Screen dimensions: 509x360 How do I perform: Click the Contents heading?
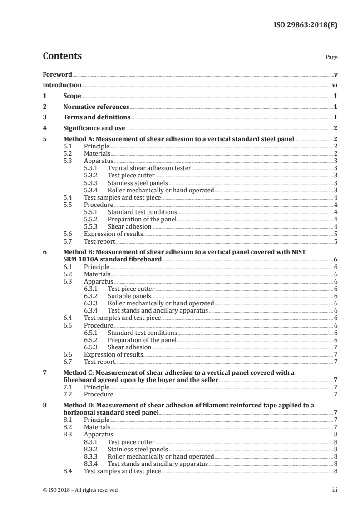click(62, 56)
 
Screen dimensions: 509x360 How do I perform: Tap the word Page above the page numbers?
click(331, 58)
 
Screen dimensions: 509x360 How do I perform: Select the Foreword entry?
click(57, 74)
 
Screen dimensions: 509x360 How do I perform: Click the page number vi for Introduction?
click(334, 85)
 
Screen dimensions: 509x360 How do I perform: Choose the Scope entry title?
click(72, 96)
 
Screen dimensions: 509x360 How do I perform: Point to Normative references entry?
click(96, 107)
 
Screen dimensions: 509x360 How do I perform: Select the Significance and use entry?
click(94, 128)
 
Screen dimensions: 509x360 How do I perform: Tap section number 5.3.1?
click(91, 168)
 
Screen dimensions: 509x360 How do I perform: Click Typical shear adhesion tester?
click(149, 168)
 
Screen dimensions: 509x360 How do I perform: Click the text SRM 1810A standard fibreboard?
click(113, 259)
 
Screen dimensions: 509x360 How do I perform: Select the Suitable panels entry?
click(129, 296)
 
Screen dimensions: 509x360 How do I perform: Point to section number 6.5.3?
click(91, 347)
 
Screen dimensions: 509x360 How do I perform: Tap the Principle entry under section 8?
click(97, 420)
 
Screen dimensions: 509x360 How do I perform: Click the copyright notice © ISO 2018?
click(80, 490)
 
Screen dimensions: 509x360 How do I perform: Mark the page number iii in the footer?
click(334, 490)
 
